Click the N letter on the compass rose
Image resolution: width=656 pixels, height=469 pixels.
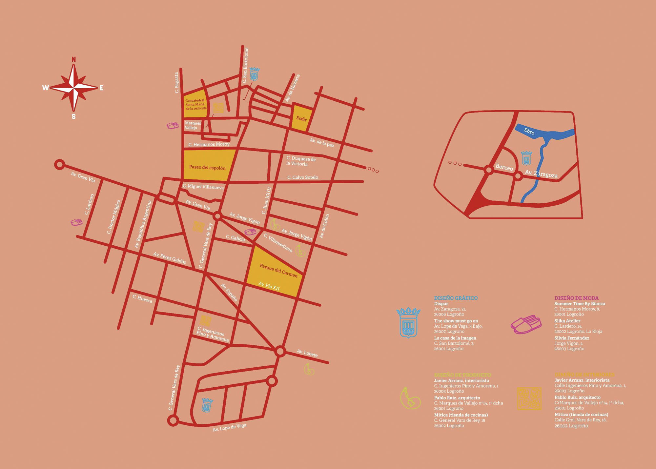click(x=74, y=59)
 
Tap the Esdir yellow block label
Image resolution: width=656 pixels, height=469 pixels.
click(x=301, y=119)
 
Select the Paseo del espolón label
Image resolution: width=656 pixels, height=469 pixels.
click(x=207, y=168)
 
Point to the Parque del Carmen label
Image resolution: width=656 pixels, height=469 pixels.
click(x=278, y=271)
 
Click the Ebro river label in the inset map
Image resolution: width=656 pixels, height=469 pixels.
click(x=529, y=131)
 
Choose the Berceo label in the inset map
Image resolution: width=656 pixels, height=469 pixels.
click(x=504, y=168)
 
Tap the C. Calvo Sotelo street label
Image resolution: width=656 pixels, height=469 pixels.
click(x=303, y=177)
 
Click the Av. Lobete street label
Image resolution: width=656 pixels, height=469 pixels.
click(x=307, y=353)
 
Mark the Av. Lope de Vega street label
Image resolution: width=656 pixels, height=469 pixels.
click(x=229, y=428)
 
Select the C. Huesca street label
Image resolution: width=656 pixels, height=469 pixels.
click(x=142, y=299)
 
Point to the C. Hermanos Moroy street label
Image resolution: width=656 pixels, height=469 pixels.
click(x=209, y=144)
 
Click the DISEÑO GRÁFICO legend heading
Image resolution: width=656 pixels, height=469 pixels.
click(x=456, y=298)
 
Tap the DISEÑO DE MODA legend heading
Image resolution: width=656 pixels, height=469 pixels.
click(x=576, y=298)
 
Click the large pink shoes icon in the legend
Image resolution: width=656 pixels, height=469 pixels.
click(x=526, y=324)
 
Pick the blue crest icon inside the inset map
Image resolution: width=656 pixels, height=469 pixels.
click(x=526, y=158)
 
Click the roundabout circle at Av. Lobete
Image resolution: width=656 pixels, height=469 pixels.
click(x=280, y=351)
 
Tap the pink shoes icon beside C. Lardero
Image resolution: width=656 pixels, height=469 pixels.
click(x=77, y=222)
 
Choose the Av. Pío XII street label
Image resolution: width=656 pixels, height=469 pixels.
click(x=269, y=286)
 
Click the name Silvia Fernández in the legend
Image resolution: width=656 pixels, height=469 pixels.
click(x=572, y=338)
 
